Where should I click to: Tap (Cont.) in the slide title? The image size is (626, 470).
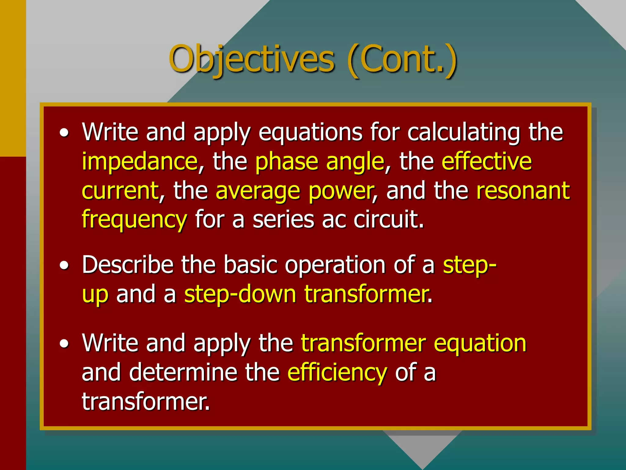(x=402, y=60)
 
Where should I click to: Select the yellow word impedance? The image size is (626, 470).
(x=140, y=162)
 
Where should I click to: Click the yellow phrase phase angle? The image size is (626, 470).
(x=320, y=162)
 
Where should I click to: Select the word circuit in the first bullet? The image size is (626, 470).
(x=388, y=220)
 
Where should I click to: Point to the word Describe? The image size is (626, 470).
(x=128, y=265)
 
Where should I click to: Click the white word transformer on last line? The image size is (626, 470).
(x=145, y=402)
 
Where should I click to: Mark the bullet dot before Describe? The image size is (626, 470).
(x=64, y=266)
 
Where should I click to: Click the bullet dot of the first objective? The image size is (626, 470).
(x=64, y=133)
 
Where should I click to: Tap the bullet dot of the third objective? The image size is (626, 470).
(x=64, y=344)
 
